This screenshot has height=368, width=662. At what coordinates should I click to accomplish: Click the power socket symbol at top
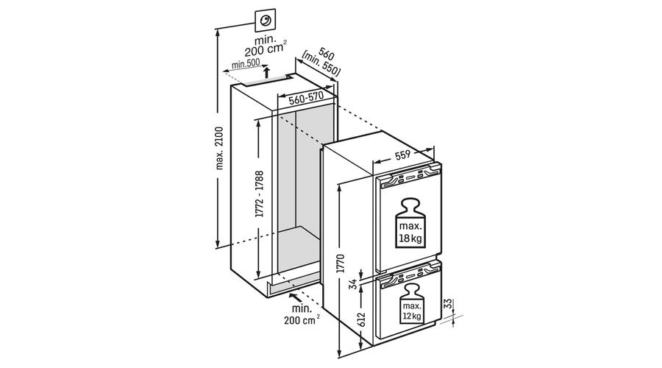tap(263, 21)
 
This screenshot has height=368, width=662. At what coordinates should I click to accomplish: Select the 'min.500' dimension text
tap(243, 66)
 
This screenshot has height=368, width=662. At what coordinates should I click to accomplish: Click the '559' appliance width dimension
tap(402, 155)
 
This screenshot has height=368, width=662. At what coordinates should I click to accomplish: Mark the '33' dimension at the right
tap(447, 305)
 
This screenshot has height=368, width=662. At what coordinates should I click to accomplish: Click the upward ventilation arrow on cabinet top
tap(266, 71)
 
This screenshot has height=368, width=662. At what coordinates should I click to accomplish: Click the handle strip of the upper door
tap(407, 179)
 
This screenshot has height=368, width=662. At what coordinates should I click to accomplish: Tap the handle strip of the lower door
tap(407, 279)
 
